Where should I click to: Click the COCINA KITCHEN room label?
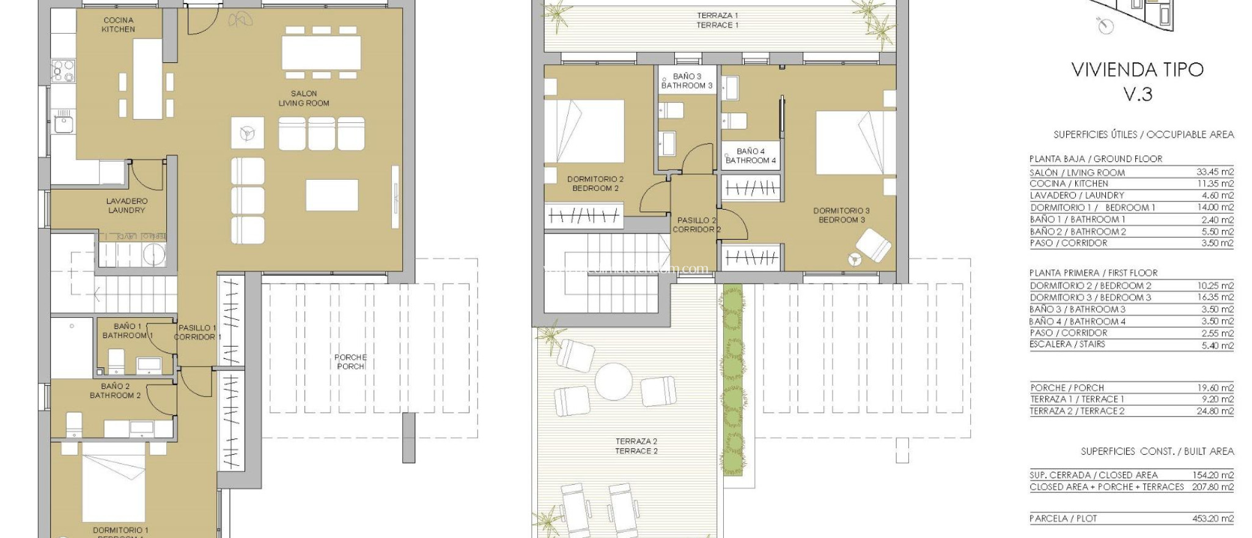point(118,24)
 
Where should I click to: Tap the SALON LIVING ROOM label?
point(304,98)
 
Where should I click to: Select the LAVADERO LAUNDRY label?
point(127,205)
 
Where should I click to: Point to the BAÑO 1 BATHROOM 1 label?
point(128,331)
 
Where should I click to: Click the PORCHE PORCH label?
point(350,362)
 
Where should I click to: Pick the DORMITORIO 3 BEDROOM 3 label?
point(841,215)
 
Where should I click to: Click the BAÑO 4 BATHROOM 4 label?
point(751,156)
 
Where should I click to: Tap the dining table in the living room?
point(321,53)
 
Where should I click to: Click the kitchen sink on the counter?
point(62,125)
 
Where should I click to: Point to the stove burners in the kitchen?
point(62,70)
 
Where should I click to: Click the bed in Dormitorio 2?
point(575,131)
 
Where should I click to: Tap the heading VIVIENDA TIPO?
point(1137,70)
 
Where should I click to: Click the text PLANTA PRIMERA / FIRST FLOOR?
point(1093,273)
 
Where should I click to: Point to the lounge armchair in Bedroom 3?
point(873,245)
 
